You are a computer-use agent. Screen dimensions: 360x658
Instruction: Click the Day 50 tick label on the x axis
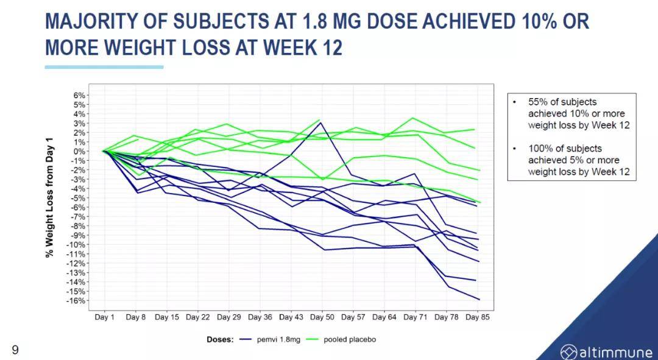[321, 317]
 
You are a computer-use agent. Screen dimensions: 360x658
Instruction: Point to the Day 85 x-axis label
[477, 317]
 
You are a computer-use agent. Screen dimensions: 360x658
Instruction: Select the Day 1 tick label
[104, 317]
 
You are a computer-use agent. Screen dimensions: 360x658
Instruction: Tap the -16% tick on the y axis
[76, 301]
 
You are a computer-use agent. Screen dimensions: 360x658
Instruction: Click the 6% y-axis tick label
[79, 96]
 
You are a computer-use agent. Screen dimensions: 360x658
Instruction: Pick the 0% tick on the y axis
[79, 152]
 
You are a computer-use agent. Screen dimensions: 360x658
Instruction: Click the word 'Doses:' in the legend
[220, 339]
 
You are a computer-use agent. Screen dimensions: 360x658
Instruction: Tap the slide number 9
[15, 350]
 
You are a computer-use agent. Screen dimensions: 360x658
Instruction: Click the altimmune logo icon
[568, 351]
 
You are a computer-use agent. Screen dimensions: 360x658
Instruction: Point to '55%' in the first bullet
[537, 102]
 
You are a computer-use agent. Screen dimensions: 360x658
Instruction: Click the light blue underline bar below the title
[104, 66]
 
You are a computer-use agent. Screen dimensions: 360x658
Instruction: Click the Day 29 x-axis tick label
[228, 317]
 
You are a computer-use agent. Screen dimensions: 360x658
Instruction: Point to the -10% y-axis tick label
[76, 245]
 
